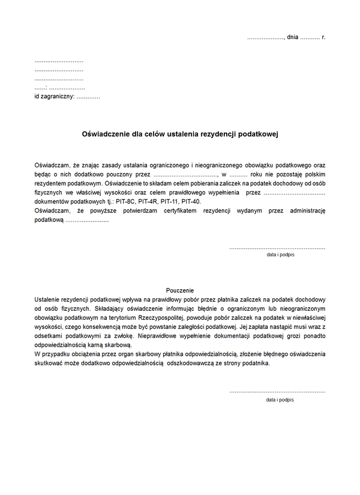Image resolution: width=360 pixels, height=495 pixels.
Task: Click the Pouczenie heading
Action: pos(180,290)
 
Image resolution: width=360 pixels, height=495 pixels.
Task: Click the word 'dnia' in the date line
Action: pos(293,37)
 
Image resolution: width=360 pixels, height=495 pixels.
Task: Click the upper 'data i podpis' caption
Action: pos(280,254)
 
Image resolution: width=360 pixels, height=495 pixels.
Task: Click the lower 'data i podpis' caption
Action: pos(280,399)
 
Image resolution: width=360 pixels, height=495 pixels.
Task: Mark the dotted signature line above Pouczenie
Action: pos(277,248)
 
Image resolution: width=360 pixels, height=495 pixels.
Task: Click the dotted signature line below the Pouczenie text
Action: pos(277,392)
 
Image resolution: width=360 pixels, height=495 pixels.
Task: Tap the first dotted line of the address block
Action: pos(59,62)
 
